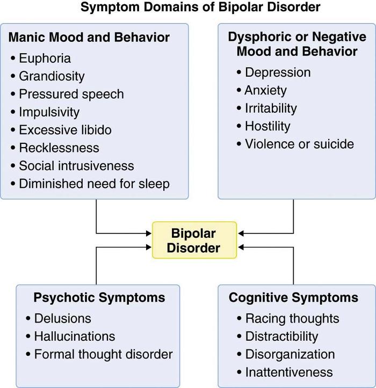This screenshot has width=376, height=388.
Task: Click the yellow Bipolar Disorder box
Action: tap(194, 241)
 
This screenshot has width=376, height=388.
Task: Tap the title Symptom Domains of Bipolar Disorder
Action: tap(200, 8)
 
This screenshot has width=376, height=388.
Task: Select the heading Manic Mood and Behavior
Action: tap(89, 38)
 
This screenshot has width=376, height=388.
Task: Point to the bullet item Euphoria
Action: tap(45, 58)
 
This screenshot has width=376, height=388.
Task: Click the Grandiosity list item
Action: tap(52, 76)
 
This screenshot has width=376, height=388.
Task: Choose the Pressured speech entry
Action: tap(71, 94)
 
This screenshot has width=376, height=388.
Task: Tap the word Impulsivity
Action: tap(49, 112)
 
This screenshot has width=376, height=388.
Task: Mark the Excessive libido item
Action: tap(65, 130)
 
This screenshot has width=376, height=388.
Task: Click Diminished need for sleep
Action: tap(94, 184)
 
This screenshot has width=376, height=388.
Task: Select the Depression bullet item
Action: tap(278, 72)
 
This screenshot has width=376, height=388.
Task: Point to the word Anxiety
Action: tap(266, 90)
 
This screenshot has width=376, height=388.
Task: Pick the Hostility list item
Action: tap(267, 126)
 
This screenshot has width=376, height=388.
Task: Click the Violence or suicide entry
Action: tap(299, 144)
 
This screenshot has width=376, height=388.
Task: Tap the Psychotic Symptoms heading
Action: tap(99, 297)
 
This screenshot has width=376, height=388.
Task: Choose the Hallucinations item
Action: tap(75, 336)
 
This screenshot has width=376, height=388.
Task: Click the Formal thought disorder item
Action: tap(103, 354)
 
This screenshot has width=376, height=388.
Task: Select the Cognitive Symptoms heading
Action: tap(293, 297)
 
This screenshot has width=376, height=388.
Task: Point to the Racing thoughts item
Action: tap(292, 318)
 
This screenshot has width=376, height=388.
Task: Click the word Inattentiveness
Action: tap(289, 372)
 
